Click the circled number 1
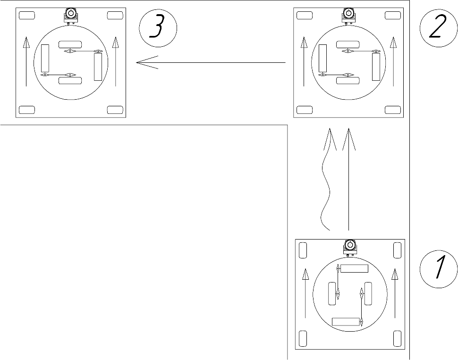click(x=439, y=269)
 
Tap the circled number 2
click(x=439, y=28)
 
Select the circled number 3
click(x=158, y=28)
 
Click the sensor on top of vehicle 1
click(x=350, y=248)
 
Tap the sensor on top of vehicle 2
click(x=348, y=16)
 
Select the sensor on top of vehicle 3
click(x=71, y=16)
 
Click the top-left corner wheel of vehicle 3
click(x=27, y=15)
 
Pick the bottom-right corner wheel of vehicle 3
click(x=115, y=110)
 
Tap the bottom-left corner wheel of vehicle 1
click(x=303, y=339)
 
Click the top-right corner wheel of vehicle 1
click(x=397, y=250)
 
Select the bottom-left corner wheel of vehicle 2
click(x=305, y=110)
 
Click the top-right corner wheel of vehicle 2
click(x=393, y=15)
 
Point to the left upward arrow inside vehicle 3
click(x=26, y=61)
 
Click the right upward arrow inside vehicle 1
click(x=395, y=293)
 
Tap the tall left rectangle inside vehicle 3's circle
click(x=45, y=58)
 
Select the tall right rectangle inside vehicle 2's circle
click(x=376, y=67)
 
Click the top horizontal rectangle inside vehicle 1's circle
click(x=354, y=268)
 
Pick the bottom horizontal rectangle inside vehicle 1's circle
click(x=346, y=322)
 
